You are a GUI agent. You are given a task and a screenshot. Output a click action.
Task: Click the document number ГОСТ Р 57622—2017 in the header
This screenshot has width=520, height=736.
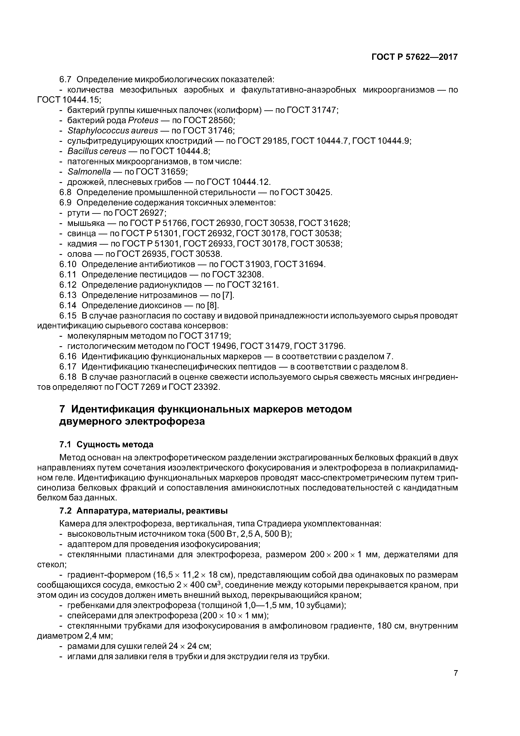pyautogui.click(x=415, y=57)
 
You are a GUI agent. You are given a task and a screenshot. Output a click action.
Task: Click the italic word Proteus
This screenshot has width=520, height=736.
pyautogui.click(x=143, y=120)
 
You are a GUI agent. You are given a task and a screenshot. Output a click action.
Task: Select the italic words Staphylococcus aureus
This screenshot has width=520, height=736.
pyautogui.click(x=113, y=131)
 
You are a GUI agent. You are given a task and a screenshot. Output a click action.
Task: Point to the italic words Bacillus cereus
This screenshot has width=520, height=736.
pyautogui.click(x=97, y=151)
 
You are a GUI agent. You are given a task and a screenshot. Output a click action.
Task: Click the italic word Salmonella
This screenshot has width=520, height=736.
pyautogui.click(x=89, y=172)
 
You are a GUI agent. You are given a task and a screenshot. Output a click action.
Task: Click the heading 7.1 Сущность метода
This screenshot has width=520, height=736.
pyautogui.click(x=106, y=444)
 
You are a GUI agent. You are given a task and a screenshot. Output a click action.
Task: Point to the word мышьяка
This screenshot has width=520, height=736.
pyautogui.click(x=86, y=223)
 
